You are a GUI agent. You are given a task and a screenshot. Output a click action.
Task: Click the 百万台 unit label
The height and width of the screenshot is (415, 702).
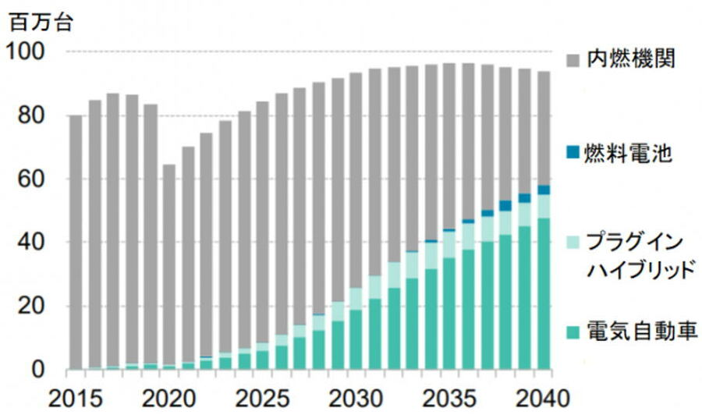tap(40, 22)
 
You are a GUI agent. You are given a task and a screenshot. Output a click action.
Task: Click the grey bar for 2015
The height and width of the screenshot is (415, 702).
tap(76, 242)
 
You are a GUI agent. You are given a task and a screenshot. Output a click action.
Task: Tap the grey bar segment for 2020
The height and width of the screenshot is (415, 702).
tap(169, 265)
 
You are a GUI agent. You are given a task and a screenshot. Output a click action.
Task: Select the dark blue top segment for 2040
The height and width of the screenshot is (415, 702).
tap(544, 190)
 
